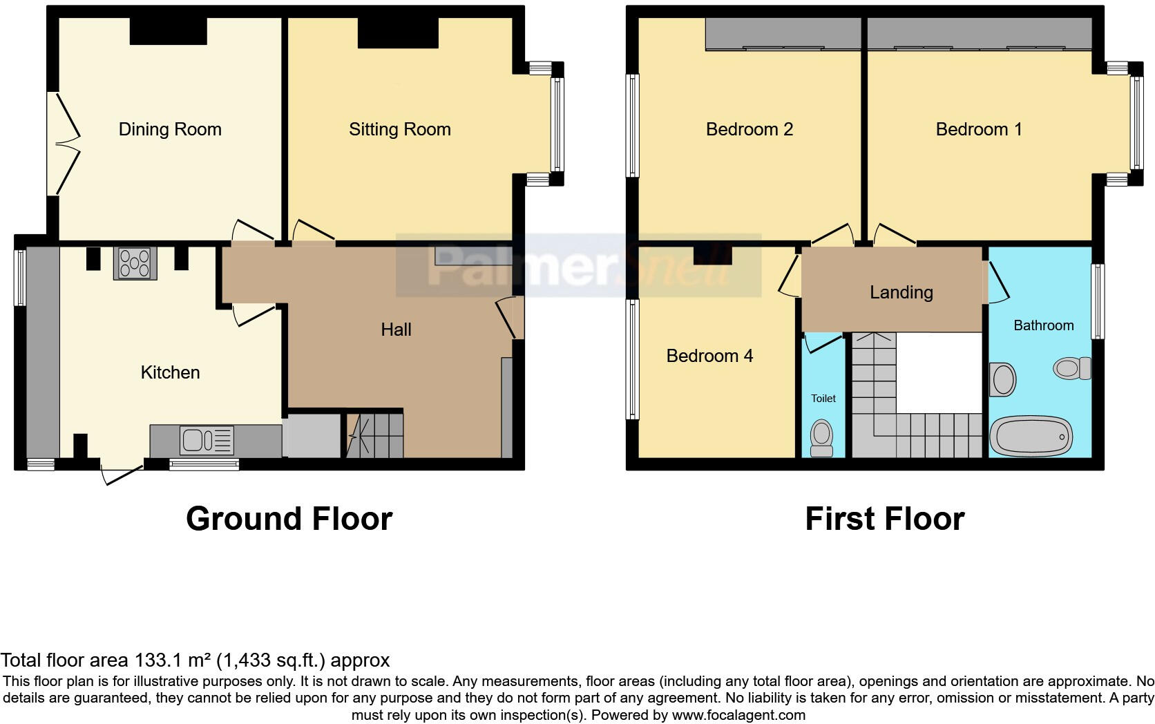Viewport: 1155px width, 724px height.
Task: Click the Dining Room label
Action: (x=170, y=129)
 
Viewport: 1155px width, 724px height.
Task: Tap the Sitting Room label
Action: (x=399, y=129)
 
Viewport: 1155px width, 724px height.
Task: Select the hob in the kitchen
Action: (x=135, y=263)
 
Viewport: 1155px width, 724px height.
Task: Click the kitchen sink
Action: (x=207, y=440)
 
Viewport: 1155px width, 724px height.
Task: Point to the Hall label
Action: (x=396, y=330)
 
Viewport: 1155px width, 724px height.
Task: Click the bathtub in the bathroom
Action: (x=1031, y=436)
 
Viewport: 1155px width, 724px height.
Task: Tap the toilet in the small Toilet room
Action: (x=822, y=438)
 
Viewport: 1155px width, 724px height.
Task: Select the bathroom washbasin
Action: (x=1002, y=380)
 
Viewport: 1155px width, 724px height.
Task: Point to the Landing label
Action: (x=901, y=292)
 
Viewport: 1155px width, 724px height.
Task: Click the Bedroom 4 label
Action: (x=709, y=356)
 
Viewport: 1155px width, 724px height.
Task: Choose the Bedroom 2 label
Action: (x=749, y=129)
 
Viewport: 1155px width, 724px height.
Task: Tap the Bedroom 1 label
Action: (x=978, y=129)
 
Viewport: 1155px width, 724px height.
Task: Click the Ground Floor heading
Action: (x=289, y=519)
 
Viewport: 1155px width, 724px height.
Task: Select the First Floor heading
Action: (x=884, y=519)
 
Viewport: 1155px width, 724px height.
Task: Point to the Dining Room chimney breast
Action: (x=169, y=30)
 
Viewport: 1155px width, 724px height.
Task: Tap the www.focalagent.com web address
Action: (x=738, y=715)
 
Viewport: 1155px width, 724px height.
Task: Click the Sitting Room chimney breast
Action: (x=398, y=32)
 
